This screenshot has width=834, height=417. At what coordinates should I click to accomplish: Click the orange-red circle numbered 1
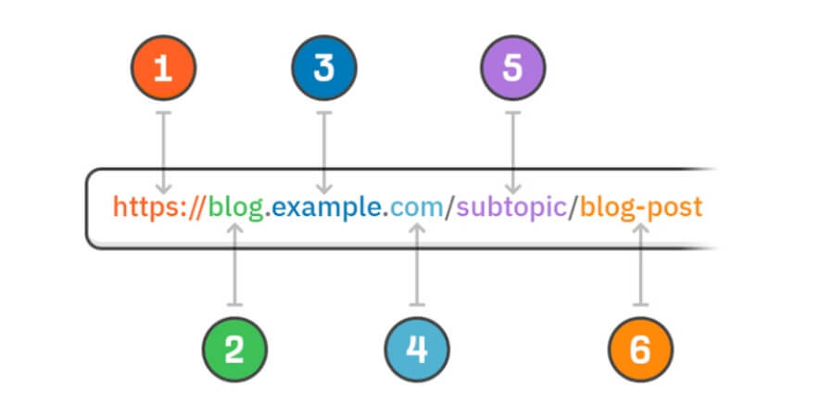pyautogui.click(x=163, y=69)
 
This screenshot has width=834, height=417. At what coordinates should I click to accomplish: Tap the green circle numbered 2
pyautogui.click(x=234, y=349)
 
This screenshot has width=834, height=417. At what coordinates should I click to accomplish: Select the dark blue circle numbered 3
pyautogui.click(x=323, y=69)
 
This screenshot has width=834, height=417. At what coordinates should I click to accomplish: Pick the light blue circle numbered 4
pyautogui.click(x=417, y=349)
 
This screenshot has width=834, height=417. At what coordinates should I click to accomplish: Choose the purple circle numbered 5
pyautogui.click(x=513, y=69)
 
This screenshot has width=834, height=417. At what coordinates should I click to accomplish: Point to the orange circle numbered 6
pyautogui.click(x=640, y=349)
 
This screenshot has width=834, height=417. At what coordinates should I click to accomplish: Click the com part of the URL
pyautogui.click(x=416, y=207)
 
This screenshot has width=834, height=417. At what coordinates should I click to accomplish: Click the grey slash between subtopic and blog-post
pyautogui.click(x=575, y=207)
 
